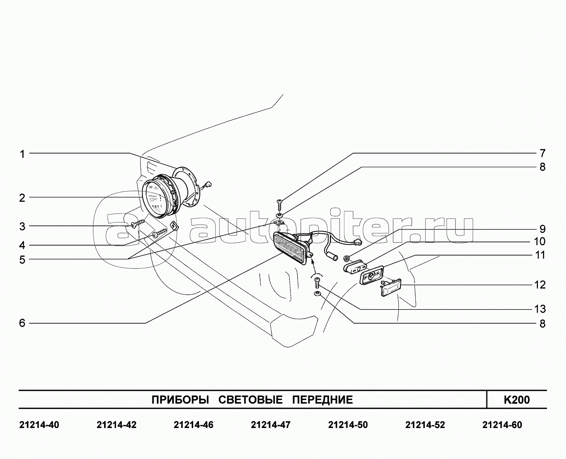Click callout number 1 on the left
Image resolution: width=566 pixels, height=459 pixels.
(22, 154)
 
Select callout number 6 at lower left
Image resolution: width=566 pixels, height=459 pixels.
(22, 323)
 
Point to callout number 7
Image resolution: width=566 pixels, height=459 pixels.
(542, 153)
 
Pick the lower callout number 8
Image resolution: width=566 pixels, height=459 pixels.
(542, 324)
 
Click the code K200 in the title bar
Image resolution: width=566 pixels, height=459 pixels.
(516, 400)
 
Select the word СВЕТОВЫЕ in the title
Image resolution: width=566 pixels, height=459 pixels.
(250, 400)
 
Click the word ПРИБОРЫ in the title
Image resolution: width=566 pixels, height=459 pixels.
(180, 400)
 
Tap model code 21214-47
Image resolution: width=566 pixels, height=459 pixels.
(270, 425)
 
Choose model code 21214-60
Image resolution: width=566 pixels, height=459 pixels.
(502, 425)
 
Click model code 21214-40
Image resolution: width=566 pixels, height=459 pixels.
(39, 425)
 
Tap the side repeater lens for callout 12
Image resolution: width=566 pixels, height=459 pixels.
(391, 287)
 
